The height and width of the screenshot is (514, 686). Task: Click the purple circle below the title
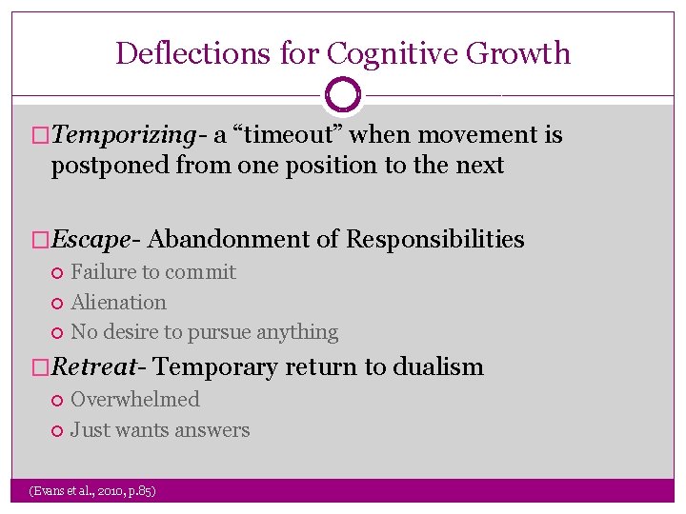click(343, 95)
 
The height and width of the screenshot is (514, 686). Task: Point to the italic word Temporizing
click(126, 136)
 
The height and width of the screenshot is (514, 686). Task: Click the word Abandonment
click(230, 240)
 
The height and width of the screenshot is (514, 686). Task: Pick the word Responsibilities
click(435, 240)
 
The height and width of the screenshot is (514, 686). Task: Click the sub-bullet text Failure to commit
click(153, 272)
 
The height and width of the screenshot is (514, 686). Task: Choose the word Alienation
click(118, 303)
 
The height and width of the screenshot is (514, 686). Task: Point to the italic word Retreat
click(99, 367)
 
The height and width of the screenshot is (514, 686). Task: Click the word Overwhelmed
click(135, 400)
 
